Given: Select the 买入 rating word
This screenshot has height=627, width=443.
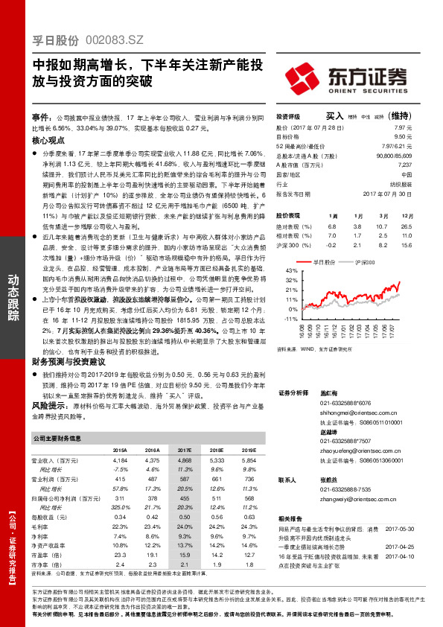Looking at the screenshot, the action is click(x=335, y=117).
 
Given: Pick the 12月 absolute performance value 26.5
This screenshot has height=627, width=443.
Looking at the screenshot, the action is click(x=406, y=225).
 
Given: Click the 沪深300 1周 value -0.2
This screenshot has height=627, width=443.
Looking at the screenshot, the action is click(x=331, y=244).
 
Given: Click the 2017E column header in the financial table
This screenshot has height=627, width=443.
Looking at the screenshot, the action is click(x=184, y=451).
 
